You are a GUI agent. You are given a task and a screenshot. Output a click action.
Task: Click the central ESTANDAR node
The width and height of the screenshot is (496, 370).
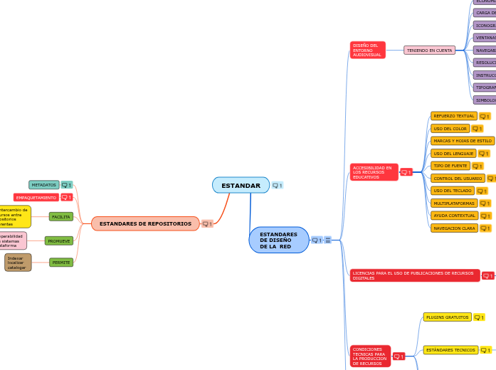(241, 186)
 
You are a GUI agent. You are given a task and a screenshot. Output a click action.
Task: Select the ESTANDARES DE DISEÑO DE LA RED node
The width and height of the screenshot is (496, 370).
(278, 240)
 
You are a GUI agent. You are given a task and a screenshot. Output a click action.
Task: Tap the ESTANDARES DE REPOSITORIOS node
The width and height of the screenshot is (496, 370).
(145, 223)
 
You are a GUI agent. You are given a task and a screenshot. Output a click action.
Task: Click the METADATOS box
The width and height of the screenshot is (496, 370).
(44, 185)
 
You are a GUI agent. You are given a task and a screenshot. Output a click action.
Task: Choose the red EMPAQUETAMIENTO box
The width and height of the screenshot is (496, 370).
(36, 197)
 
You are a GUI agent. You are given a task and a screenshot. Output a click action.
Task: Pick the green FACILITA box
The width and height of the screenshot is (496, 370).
(61, 216)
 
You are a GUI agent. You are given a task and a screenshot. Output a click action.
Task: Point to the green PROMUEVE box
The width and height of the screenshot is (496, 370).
(59, 241)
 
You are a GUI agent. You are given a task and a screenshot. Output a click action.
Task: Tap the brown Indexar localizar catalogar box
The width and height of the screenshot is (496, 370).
(18, 263)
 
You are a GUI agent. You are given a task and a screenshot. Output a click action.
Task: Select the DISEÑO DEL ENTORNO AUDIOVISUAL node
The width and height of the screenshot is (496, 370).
(367, 50)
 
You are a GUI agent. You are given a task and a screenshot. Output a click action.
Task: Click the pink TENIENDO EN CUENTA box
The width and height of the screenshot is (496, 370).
(430, 51)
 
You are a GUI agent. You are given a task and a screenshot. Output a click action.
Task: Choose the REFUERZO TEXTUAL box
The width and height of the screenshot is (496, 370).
(453, 116)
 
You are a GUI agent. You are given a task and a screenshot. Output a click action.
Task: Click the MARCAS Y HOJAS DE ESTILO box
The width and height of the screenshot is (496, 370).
(463, 141)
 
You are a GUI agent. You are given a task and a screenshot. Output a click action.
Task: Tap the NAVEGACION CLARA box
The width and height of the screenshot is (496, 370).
(454, 228)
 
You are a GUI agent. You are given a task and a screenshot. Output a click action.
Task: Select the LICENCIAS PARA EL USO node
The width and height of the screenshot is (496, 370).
(414, 275)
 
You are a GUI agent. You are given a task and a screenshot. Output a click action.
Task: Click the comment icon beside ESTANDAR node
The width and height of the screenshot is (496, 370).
(278, 186)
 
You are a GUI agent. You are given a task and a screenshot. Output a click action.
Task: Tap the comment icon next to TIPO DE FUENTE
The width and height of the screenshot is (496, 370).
(477, 166)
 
